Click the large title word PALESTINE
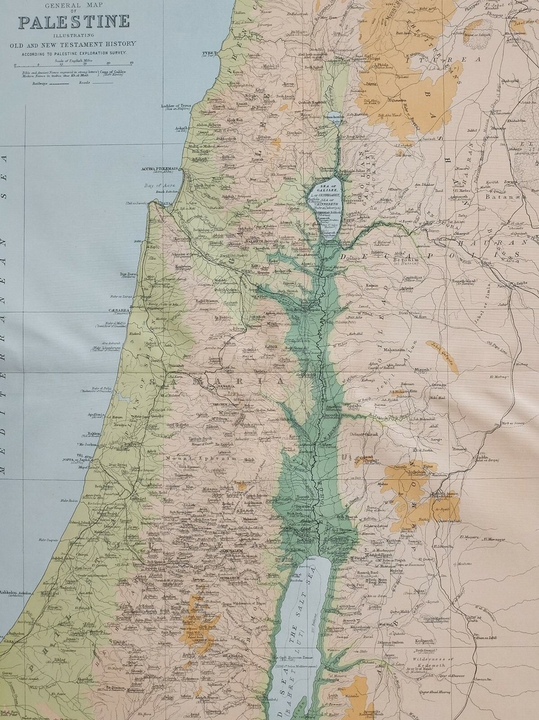pyautogui.click(x=74, y=22)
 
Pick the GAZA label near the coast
pyautogui.click(x=8, y=641)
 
